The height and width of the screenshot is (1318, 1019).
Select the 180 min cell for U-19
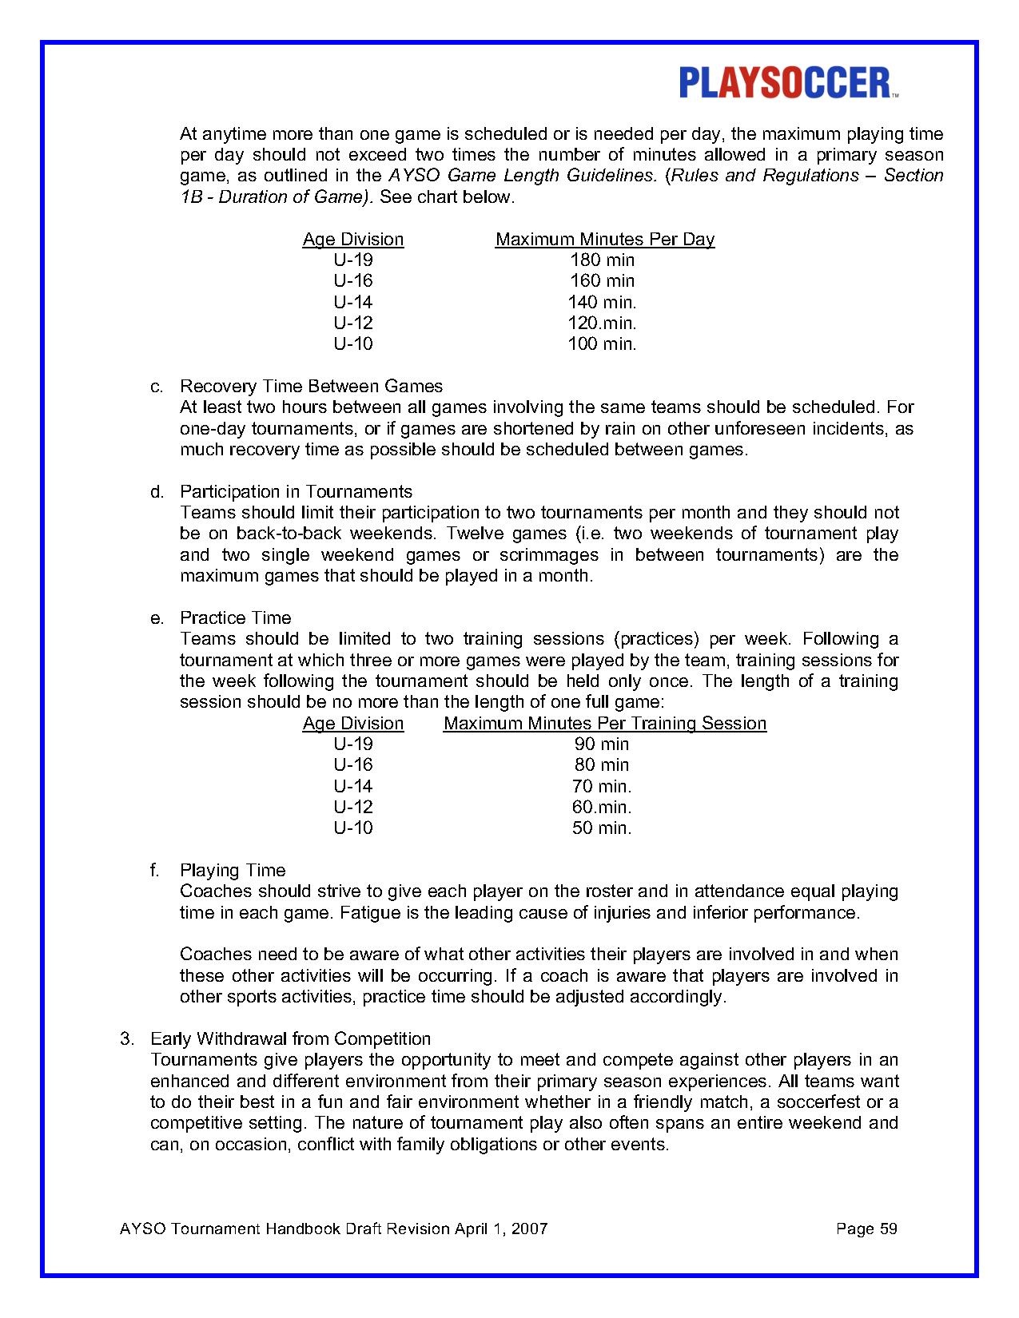pyautogui.click(x=602, y=260)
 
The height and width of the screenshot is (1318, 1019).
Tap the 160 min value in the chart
pyautogui.click(x=602, y=280)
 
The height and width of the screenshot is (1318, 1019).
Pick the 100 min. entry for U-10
pyautogui.click(x=602, y=344)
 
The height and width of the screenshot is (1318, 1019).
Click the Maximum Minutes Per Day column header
pyautogui.click(x=604, y=239)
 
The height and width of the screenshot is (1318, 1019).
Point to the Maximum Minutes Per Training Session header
pyautogui.click(x=604, y=723)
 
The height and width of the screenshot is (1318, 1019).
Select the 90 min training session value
pyautogui.click(x=602, y=744)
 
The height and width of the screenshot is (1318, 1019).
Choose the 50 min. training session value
pyautogui.click(x=602, y=828)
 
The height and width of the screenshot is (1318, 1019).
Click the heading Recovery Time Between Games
pyautogui.click(x=311, y=387)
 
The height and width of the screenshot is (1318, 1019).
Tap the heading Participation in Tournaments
pyautogui.click(x=296, y=491)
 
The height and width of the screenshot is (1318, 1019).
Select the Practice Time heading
pyautogui.click(x=235, y=617)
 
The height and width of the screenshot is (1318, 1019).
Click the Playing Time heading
pyautogui.click(x=232, y=870)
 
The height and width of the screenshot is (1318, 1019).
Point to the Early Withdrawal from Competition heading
pyautogui.click(x=290, y=1038)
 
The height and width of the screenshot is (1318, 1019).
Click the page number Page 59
pyautogui.click(x=866, y=1229)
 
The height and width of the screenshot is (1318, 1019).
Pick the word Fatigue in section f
pyautogui.click(x=369, y=912)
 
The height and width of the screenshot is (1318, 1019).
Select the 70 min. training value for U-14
pyautogui.click(x=602, y=786)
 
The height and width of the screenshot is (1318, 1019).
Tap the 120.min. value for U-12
pyautogui.click(x=602, y=323)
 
